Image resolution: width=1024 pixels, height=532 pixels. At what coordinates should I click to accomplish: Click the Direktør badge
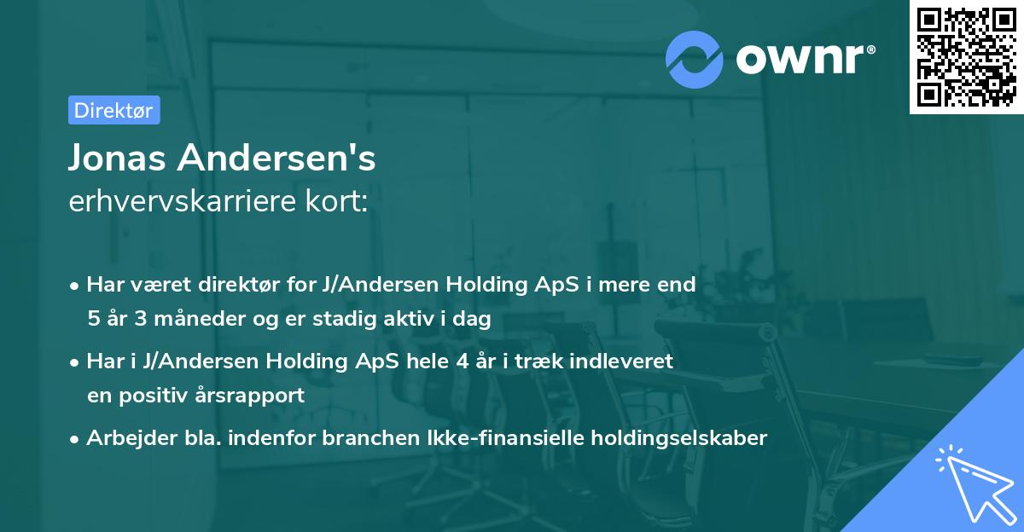pos(113,109)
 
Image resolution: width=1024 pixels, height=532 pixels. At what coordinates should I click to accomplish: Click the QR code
pos(966,56)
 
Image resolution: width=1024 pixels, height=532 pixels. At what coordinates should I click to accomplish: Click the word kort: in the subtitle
pos(339,202)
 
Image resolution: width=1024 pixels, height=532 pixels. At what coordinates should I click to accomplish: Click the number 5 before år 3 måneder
pos(93,319)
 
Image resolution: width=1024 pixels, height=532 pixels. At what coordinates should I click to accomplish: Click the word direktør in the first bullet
pos(218,284)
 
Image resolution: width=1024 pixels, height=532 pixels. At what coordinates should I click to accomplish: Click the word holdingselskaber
pos(681,438)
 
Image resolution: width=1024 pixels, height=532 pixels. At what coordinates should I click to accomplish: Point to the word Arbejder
pos(124,438)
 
